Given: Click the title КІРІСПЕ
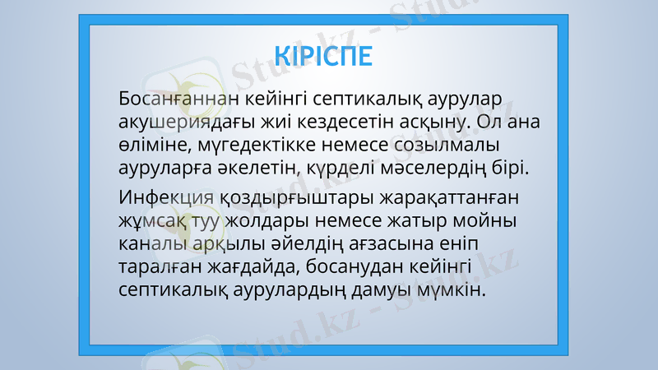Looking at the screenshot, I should point(324,56).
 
